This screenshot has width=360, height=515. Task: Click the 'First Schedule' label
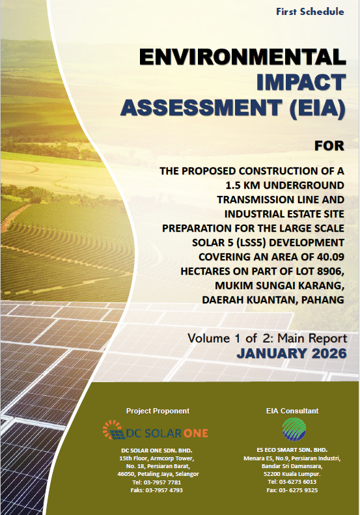coord(310,12)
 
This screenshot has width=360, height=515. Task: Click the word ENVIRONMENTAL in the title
coord(242,57)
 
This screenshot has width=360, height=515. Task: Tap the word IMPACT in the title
coord(301,82)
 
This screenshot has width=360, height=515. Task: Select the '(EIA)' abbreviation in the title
coord(317,107)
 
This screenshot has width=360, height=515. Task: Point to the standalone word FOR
coord(329,146)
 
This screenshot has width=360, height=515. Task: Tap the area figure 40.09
coord(331,257)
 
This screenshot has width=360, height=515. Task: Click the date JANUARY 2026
coord(292,354)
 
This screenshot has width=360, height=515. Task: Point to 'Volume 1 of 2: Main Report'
coord(267,338)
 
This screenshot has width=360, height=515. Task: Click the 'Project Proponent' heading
coord(158,411)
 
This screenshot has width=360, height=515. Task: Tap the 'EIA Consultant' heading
coord(292,411)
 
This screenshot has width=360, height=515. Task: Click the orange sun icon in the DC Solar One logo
coord(112,430)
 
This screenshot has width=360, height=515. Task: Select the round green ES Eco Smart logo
coord(294,429)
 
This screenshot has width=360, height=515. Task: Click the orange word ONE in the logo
coord(195,433)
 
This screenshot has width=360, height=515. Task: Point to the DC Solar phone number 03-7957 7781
coord(156,482)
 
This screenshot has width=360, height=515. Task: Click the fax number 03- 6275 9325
coord(292,490)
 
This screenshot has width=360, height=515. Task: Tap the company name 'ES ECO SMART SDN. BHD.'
coord(292,450)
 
